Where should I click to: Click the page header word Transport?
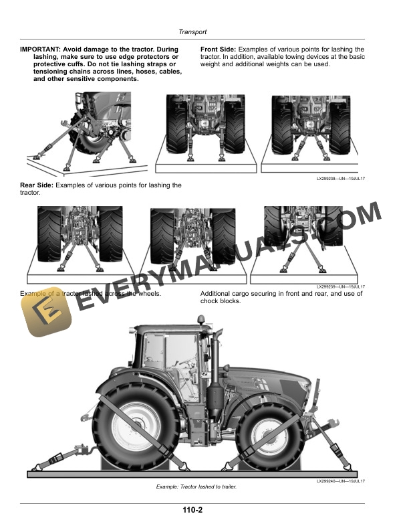(192, 31)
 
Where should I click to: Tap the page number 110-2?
(192, 510)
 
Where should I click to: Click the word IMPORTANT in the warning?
(40, 50)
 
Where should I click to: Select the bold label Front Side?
(219, 50)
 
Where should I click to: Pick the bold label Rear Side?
(37, 185)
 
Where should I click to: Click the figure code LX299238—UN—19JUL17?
(340, 179)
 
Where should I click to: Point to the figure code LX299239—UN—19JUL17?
(340, 286)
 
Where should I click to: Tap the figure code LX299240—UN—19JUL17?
(340, 480)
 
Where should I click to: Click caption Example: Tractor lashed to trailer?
(196, 487)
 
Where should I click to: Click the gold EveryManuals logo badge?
(46, 316)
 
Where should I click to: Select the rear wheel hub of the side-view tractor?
(136, 424)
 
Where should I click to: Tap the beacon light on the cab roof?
(201, 319)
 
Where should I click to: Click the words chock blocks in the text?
(220, 301)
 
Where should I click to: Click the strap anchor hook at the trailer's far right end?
(348, 467)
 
